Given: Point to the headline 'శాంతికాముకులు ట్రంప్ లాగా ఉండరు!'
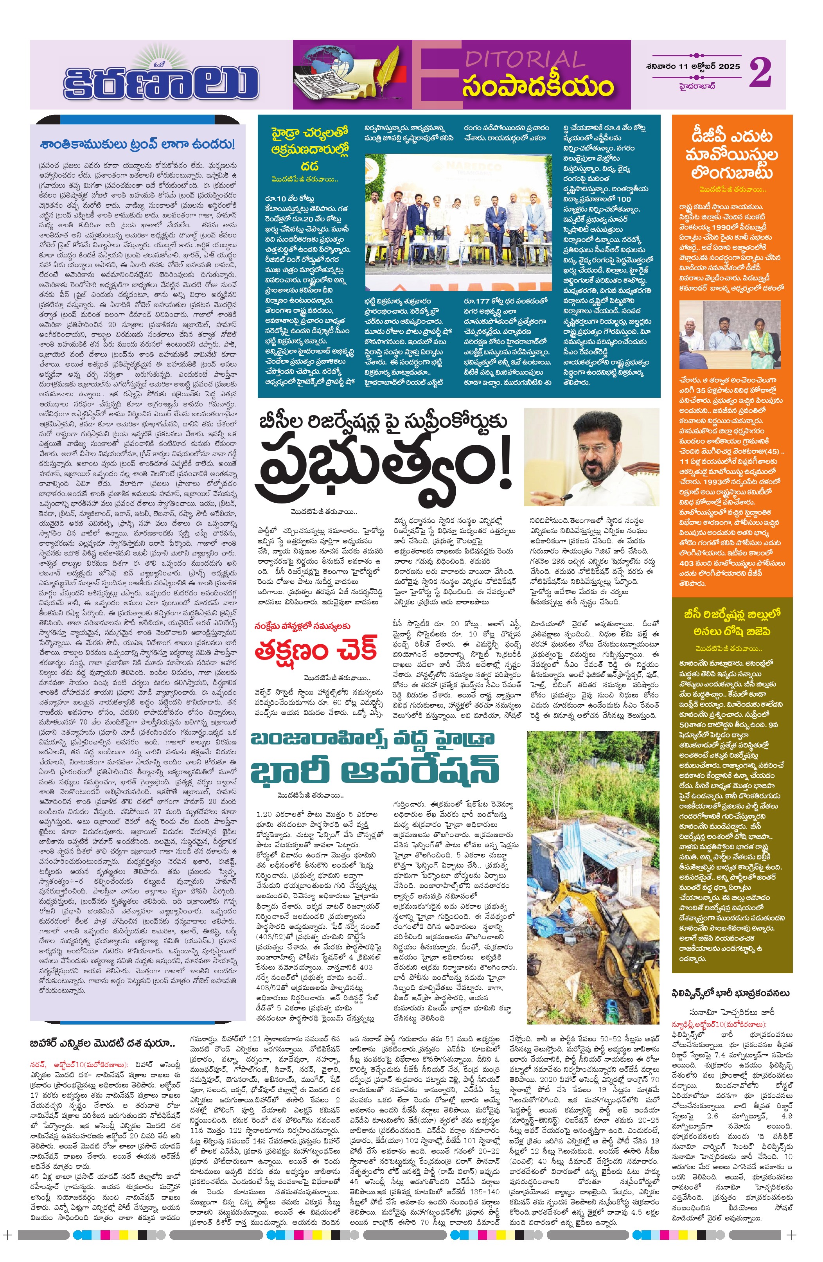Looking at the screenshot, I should [x=137, y=144].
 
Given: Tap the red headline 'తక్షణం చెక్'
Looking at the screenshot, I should [x=316, y=651].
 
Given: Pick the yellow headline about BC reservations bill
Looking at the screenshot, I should [x=732, y=622].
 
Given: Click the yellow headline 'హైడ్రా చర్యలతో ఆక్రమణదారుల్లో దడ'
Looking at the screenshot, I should [x=310, y=149].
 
